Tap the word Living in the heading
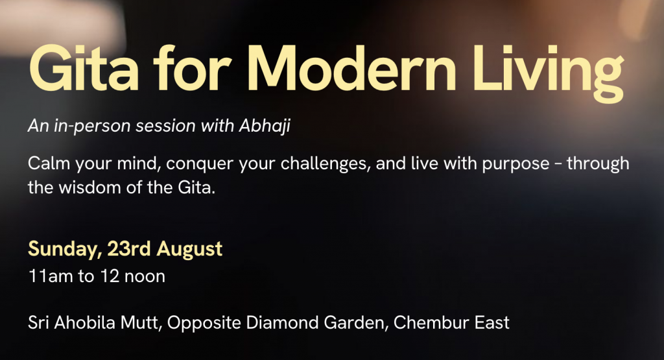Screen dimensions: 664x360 [x=549, y=73]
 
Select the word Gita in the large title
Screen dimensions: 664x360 [x=84, y=69]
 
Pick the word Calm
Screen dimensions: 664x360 [x=49, y=163]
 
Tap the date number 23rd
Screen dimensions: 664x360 [x=129, y=248]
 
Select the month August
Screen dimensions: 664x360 [x=189, y=249]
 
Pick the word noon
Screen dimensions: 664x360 [x=145, y=276]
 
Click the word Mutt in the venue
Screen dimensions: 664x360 [x=141, y=323]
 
